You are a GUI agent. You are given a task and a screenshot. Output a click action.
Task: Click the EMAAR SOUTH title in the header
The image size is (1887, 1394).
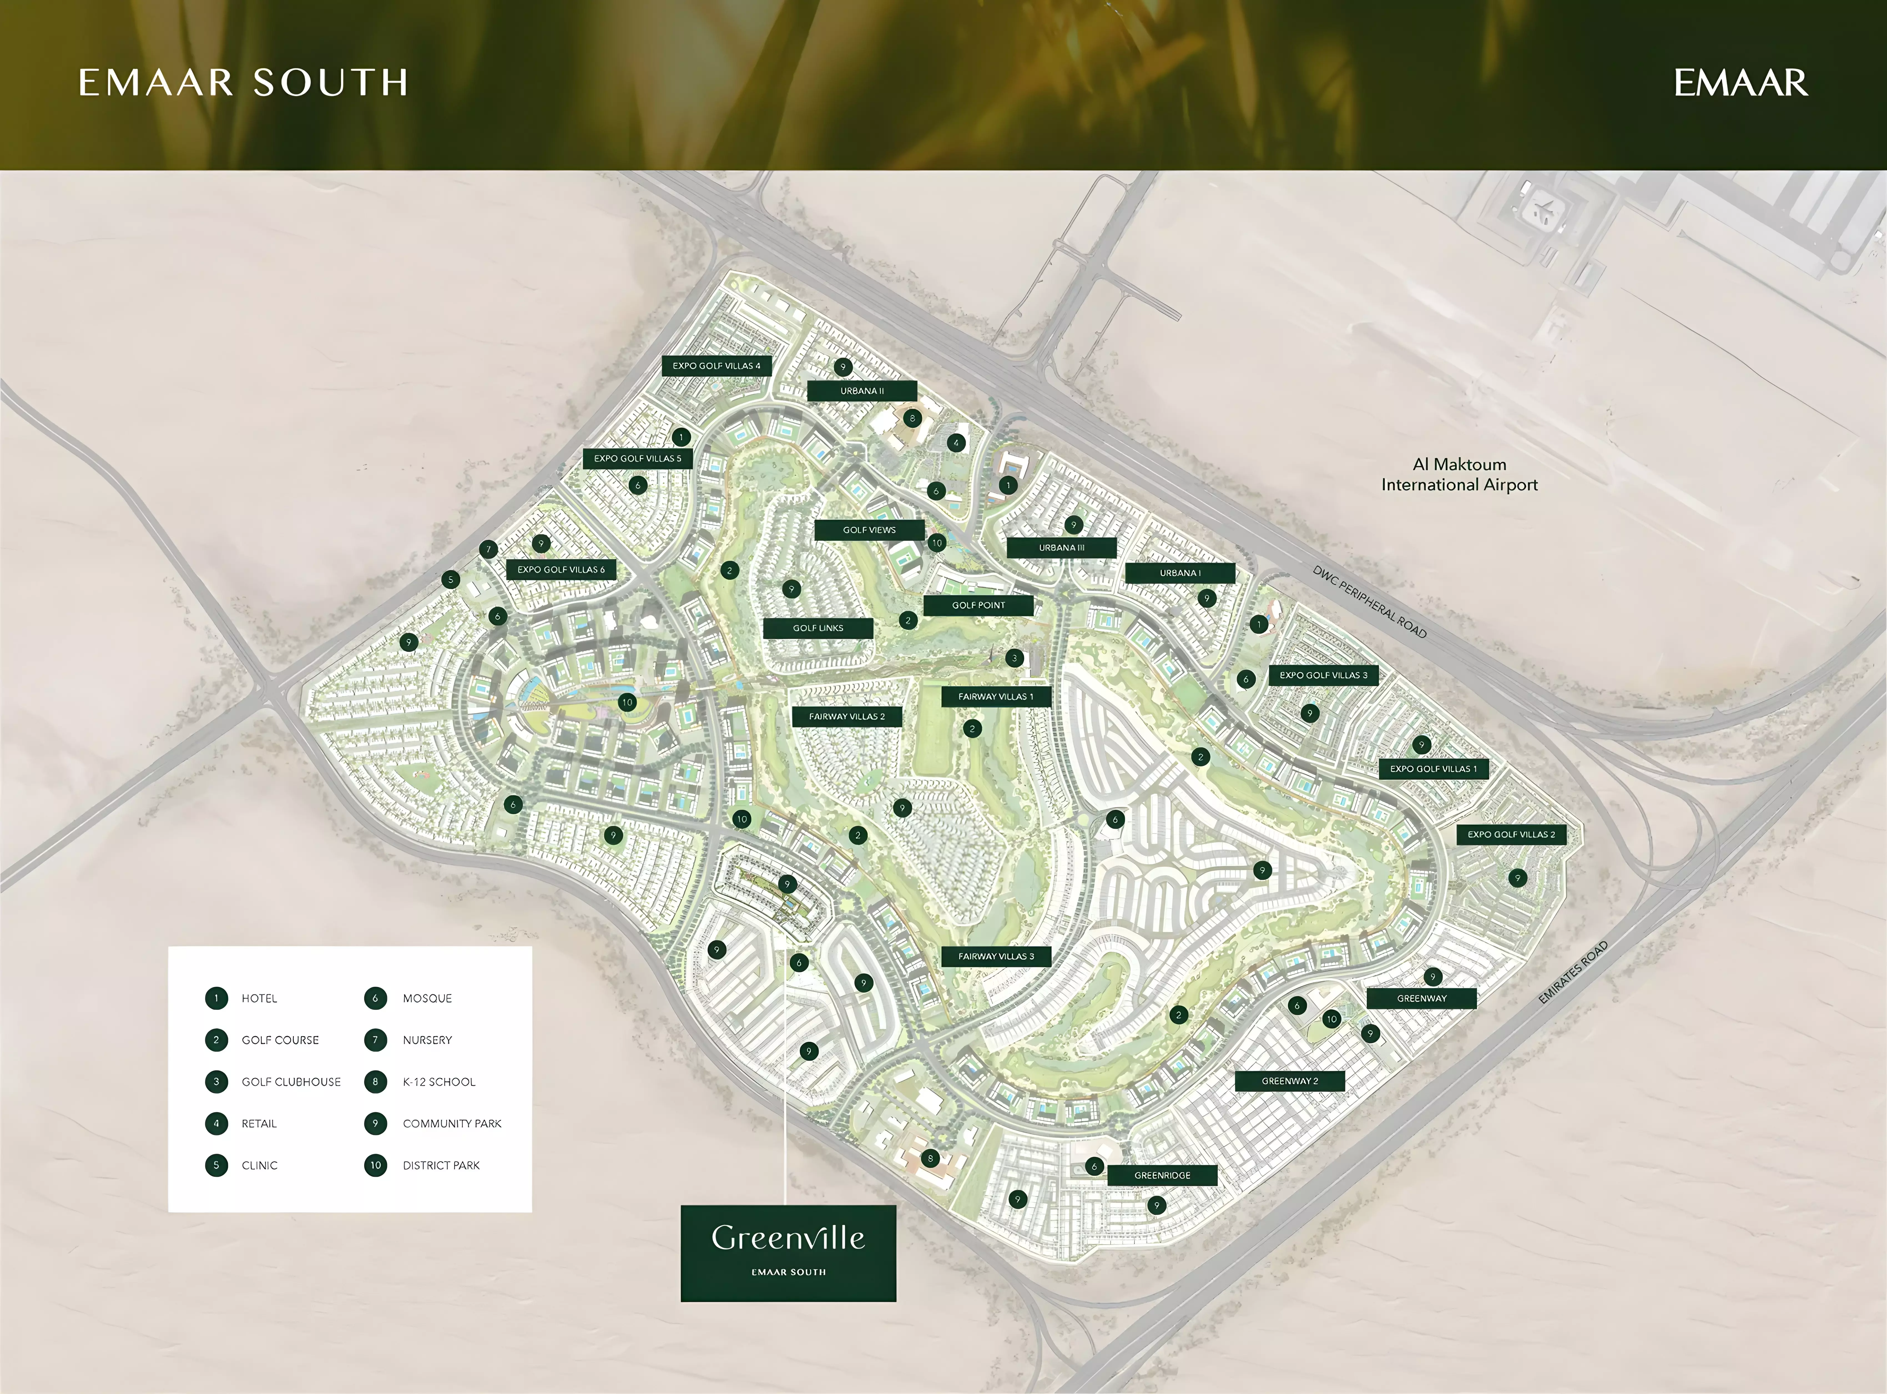(x=243, y=83)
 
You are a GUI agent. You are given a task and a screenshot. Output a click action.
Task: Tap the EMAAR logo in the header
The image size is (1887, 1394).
(x=1740, y=83)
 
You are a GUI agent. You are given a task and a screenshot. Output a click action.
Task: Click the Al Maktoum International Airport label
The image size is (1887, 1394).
(x=1459, y=474)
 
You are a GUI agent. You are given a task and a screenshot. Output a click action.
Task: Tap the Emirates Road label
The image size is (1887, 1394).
(x=1572, y=972)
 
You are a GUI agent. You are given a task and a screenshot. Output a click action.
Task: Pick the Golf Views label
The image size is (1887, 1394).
(x=869, y=530)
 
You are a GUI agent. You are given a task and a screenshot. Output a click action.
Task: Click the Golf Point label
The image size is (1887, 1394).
(x=978, y=605)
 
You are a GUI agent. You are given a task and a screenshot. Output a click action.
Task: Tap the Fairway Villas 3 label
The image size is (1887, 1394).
(x=996, y=956)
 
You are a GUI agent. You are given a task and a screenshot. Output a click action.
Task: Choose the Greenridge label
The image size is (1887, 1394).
(x=1162, y=1175)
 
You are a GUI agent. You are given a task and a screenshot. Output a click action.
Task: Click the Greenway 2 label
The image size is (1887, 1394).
(x=1290, y=1081)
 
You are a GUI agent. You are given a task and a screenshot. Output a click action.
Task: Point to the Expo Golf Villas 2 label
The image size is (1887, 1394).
(x=1511, y=835)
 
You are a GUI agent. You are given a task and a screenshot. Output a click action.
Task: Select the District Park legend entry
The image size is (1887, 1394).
(x=440, y=1165)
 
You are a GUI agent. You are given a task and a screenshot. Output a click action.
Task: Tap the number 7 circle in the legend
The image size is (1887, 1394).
(x=375, y=1040)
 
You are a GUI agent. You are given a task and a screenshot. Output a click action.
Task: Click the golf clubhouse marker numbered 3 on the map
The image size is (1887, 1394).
(x=1014, y=658)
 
